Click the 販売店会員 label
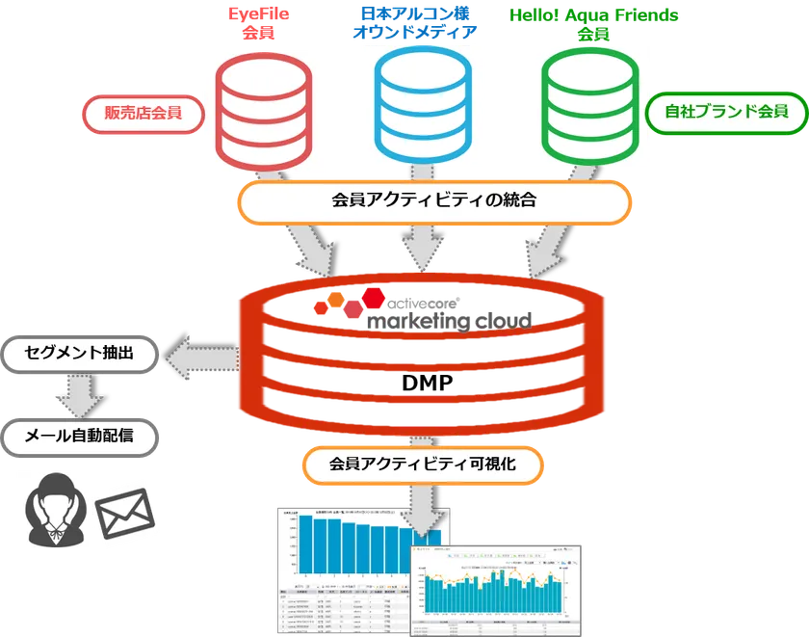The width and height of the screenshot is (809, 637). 142,114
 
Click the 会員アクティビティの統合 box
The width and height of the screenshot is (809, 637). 433,201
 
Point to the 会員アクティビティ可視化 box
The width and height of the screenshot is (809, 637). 423,464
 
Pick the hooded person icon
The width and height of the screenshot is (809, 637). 53,512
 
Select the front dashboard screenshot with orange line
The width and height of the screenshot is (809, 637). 496,589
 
